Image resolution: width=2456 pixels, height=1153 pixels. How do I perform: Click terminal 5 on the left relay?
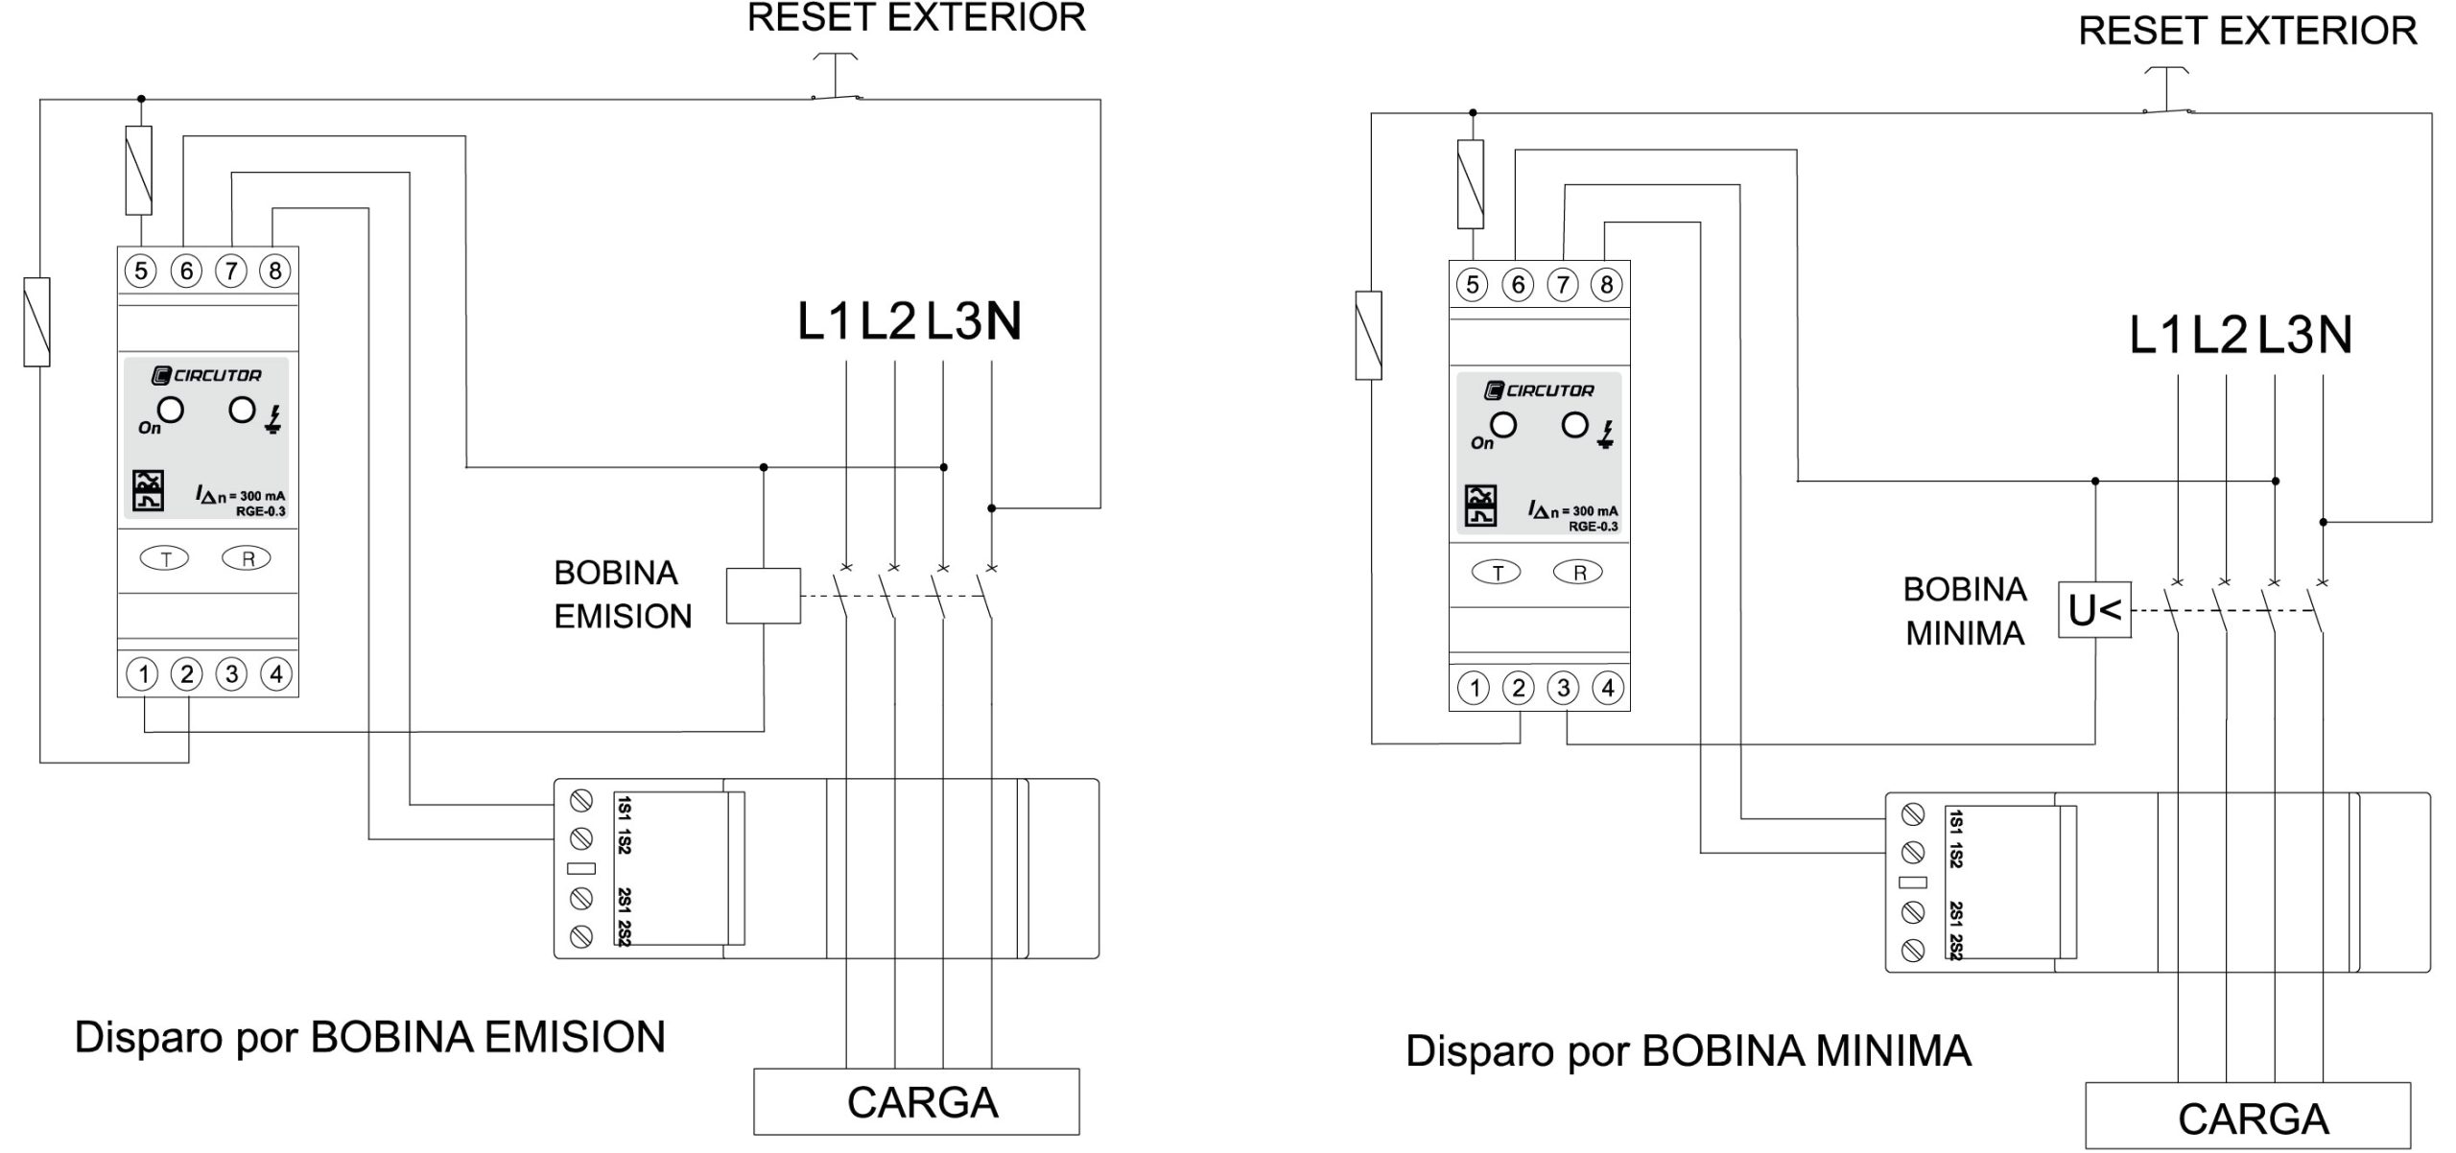click(141, 271)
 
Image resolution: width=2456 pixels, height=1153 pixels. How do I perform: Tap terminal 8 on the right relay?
click(1607, 285)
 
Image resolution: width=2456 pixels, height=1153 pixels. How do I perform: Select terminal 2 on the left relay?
click(187, 674)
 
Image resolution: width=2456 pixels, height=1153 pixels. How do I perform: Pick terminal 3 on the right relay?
click(1564, 688)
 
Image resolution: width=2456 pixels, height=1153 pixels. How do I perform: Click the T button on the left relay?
click(166, 558)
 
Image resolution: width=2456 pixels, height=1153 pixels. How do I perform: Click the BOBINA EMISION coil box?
click(763, 596)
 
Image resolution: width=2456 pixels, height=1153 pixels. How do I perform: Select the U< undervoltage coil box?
click(2094, 610)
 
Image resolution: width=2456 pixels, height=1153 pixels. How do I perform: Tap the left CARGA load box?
click(916, 1101)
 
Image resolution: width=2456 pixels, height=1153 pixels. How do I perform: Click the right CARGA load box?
click(2247, 1117)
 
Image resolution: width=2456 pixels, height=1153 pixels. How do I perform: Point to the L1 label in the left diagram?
click(824, 321)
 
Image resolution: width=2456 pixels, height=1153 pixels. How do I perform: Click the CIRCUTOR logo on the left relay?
click(207, 375)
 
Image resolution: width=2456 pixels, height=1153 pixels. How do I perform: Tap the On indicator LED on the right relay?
click(1503, 426)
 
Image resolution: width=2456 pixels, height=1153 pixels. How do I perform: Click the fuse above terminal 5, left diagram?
click(139, 171)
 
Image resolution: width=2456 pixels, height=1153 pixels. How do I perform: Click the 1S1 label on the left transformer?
click(625, 807)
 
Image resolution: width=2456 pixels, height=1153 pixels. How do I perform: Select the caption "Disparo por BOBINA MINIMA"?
click(1688, 1051)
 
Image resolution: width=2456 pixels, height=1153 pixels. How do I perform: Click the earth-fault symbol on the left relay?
click(274, 419)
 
